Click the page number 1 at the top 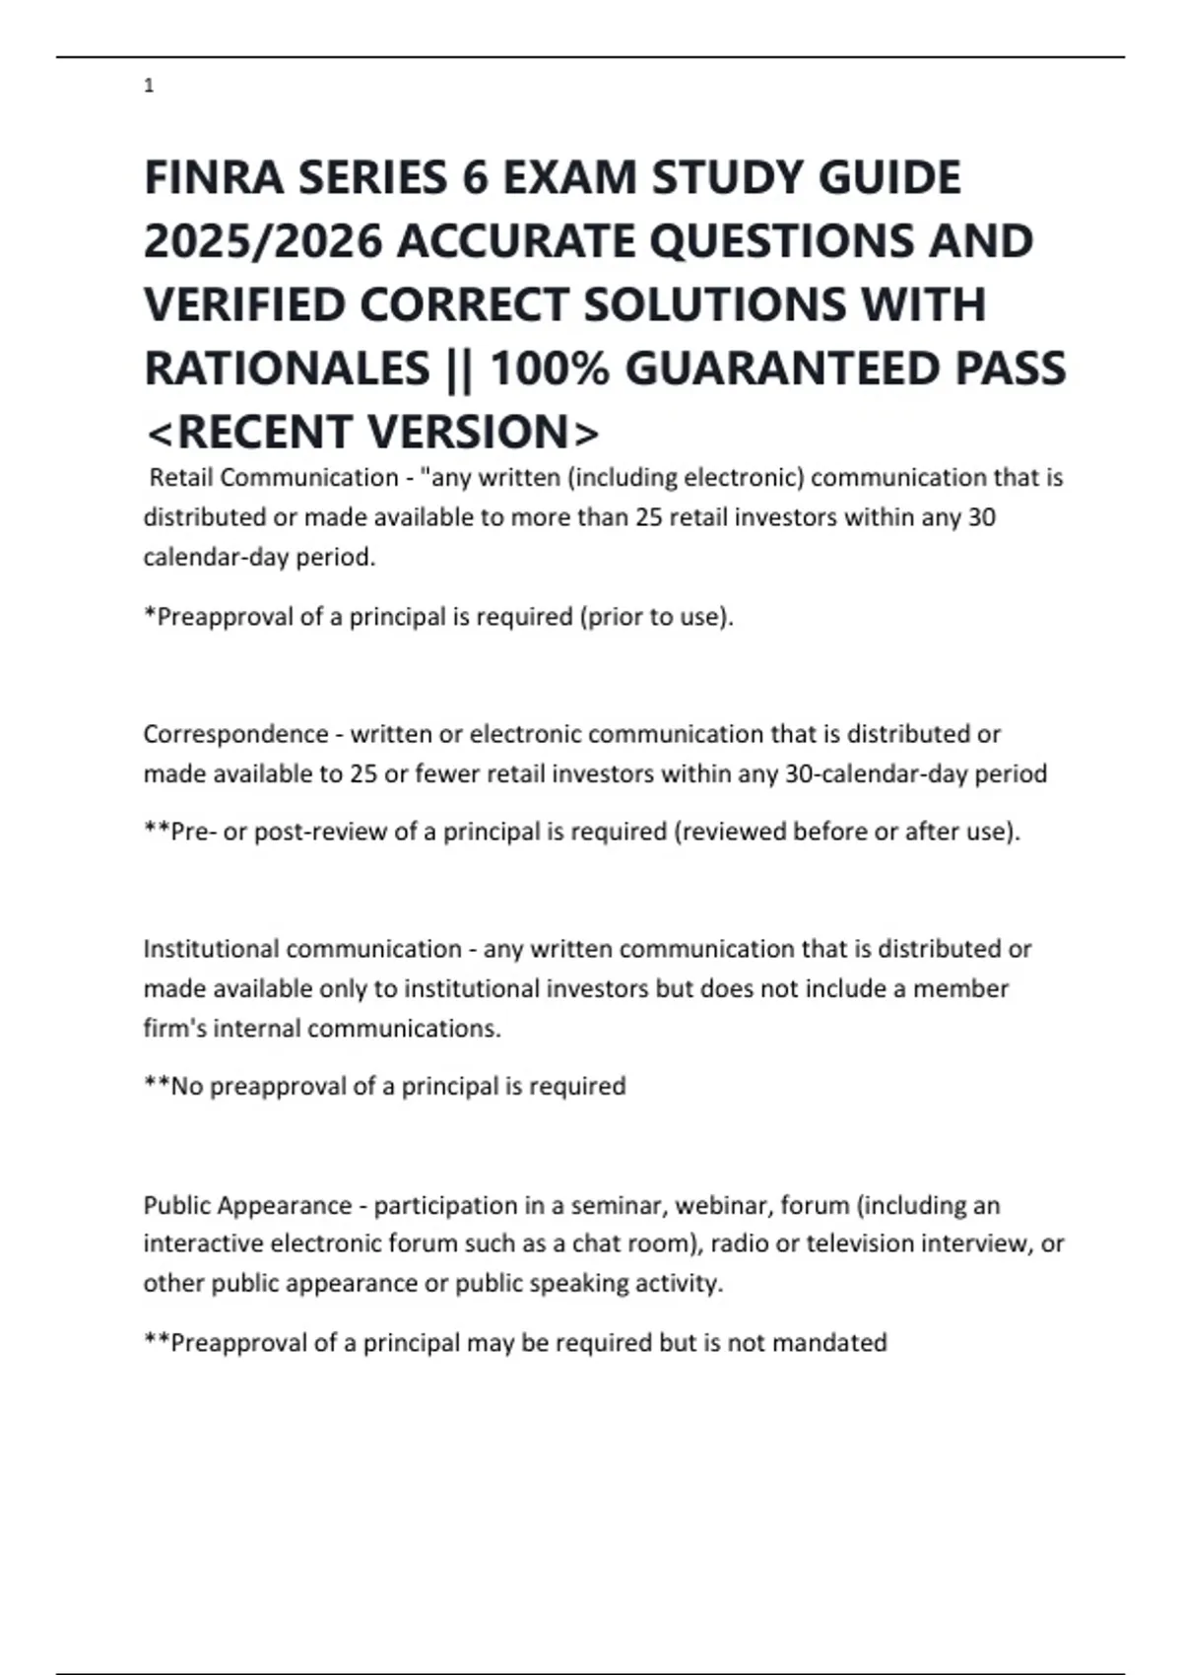(x=149, y=87)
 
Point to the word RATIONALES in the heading (x=287, y=369)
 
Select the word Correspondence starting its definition (x=235, y=734)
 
